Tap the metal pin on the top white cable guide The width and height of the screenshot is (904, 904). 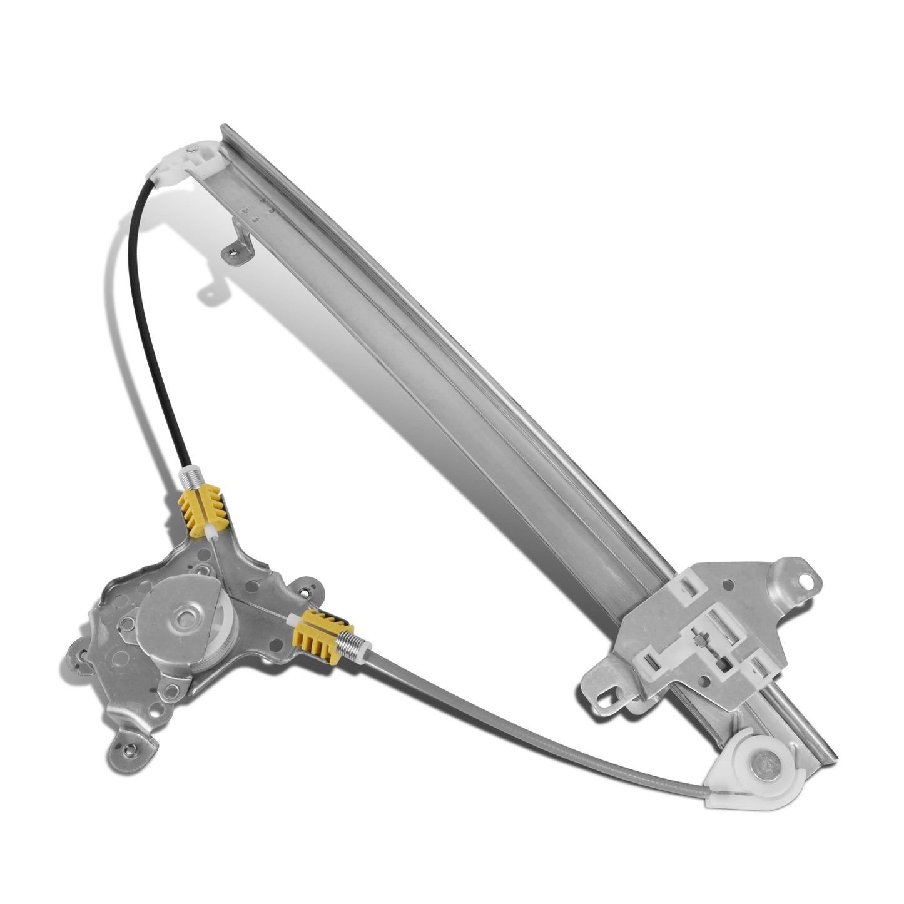[206, 150]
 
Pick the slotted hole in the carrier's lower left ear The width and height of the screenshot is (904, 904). [604, 695]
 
